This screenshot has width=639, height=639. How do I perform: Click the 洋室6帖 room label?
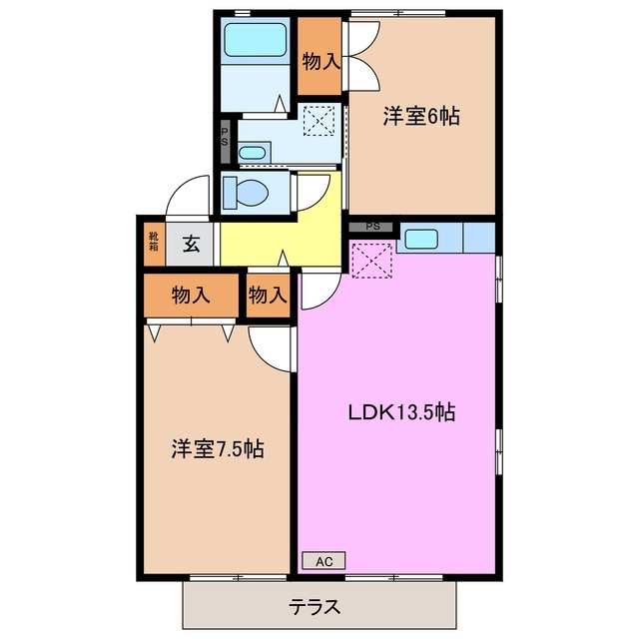[x=420, y=117]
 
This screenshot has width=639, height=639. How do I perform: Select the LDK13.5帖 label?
[x=401, y=411]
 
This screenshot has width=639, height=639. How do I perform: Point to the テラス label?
[x=315, y=605]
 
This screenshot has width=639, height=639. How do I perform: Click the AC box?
[x=323, y=561]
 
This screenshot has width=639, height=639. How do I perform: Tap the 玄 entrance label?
[x=190, y=243]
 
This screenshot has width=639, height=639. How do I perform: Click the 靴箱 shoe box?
[x=154, y=243]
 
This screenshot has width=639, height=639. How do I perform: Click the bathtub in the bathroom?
[x=256, y=39]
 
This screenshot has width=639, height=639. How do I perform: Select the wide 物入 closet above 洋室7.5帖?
[x=190, y=296]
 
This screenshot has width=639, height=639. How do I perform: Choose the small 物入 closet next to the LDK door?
[x=268, y=296]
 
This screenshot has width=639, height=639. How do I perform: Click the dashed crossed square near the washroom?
[x=319, y=122]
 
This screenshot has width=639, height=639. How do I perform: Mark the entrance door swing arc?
[x=186, y=195]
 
